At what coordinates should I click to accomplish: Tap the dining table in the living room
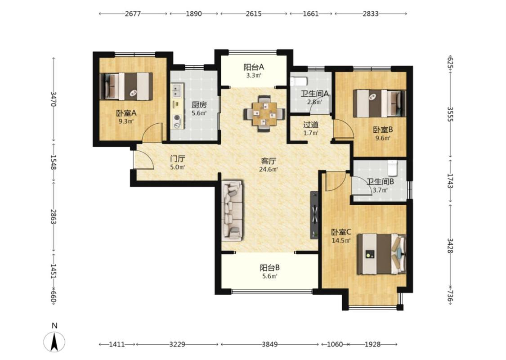tap(264, 114)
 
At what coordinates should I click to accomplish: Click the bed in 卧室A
tap(126, 86)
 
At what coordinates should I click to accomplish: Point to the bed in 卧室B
tap(379, 103)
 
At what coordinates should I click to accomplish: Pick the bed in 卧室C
tap(381, 254)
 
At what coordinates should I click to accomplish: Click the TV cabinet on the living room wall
tap(314, 215)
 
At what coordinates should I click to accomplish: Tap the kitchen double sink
tap(177, 90)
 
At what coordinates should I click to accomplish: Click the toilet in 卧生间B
tap(392, 167)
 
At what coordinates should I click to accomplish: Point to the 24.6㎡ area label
tap(269, 169)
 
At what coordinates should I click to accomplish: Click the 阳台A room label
tap(254, 67)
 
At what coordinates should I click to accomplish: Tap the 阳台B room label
tap(269, 268)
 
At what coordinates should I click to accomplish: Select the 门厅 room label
tap(178, 159)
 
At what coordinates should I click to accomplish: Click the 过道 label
tap(311, 125)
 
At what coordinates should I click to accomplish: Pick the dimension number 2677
tap(133, 14)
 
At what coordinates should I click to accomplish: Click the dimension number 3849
tap(269, 344)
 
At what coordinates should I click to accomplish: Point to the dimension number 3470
tap(54, 99)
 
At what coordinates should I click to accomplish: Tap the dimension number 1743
tap(450, 180)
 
